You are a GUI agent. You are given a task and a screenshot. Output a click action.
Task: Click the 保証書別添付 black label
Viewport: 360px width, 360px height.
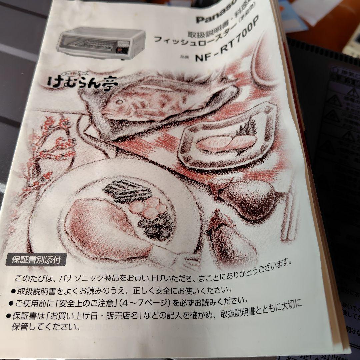(36, 260)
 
